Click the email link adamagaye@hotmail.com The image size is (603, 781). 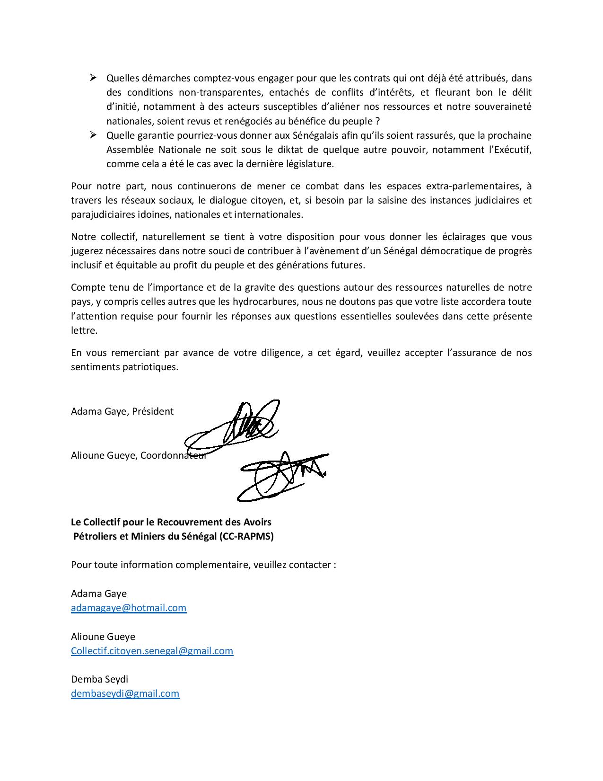(129, 607)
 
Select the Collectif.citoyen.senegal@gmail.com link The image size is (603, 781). (152, 650)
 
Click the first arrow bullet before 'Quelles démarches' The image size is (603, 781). (93, 78)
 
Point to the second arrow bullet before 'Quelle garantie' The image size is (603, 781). (93, 135)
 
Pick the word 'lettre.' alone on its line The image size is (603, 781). (84, 330)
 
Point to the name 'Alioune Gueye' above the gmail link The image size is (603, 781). (103, 636)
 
